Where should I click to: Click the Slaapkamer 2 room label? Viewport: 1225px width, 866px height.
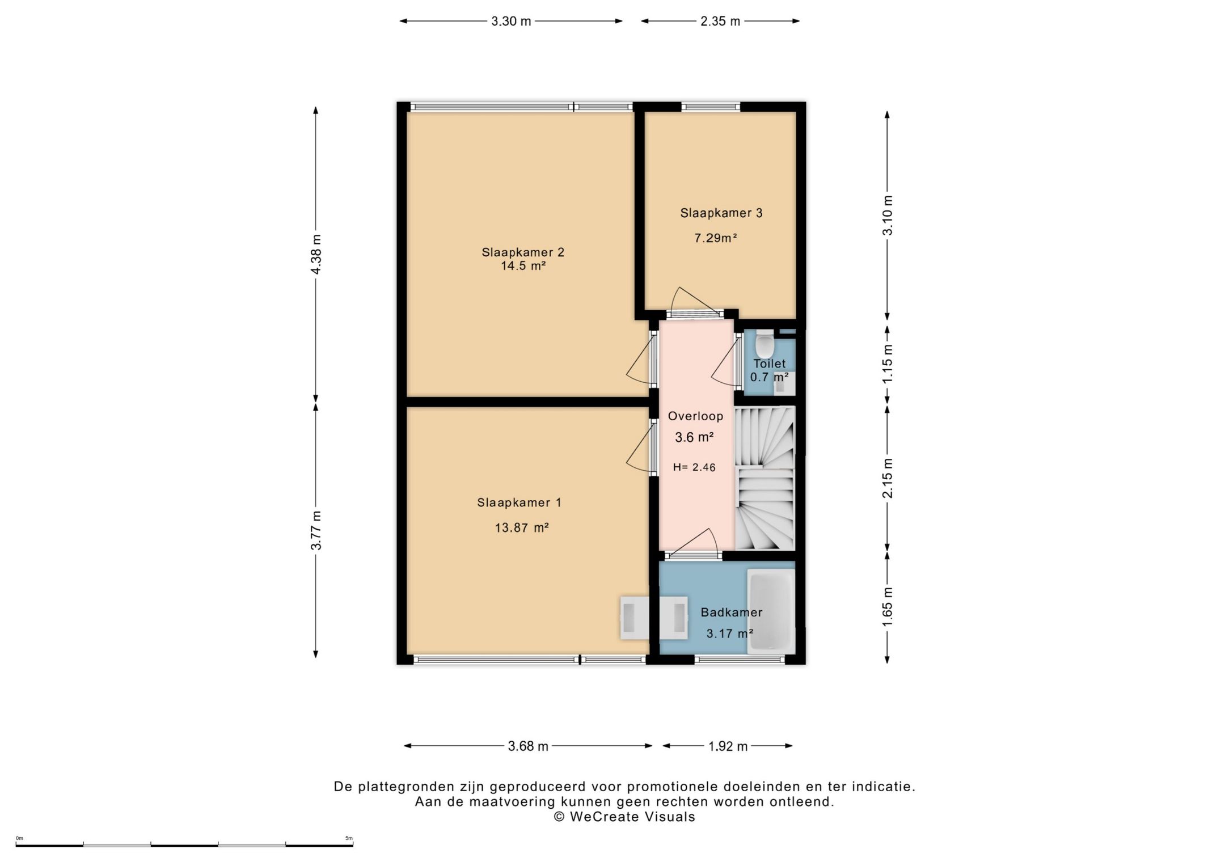pyautogui.click(x=523, y=252)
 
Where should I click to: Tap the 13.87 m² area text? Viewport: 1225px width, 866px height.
pyautogui.click(x=522, y=528)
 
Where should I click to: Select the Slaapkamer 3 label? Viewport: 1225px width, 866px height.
pyautogui.click(x=721, y=213)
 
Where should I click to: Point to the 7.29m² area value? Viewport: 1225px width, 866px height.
pyautogui.click(x=716, y=238)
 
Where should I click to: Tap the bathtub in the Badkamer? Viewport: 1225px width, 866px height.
pyautogui.click(x=771, y=611)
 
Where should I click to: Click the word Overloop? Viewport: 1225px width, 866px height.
pyautogui.click(x=695, y=416)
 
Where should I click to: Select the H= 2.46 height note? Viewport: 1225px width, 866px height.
pyautogui.click(x=694, y=467)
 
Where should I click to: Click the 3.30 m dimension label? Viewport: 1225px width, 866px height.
pyautogui.click(x=511, y=22)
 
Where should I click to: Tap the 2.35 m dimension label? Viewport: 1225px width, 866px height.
pyautogui.click(x=720, y=22)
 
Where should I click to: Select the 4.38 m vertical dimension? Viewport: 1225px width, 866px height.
pyautogui.click(x=316, y=254)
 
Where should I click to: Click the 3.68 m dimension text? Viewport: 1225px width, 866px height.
pyautogui.click(x=528, y=746)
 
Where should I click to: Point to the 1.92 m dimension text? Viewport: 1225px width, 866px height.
pyautogui.click(x=728, y=746)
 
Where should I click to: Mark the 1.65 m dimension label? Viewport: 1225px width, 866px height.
pyautogui.click(x=888, y=607)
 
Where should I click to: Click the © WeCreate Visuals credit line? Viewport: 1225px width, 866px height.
pyautogui.click(x=624, y=817)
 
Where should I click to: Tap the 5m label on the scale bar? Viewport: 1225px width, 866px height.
pyautogui.click(x=349, y=838)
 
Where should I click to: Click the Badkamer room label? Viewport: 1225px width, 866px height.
pyautogui.click(x=732, y=612)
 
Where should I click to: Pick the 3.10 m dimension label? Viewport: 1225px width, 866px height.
pyautogui.click(x=888, y=216)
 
